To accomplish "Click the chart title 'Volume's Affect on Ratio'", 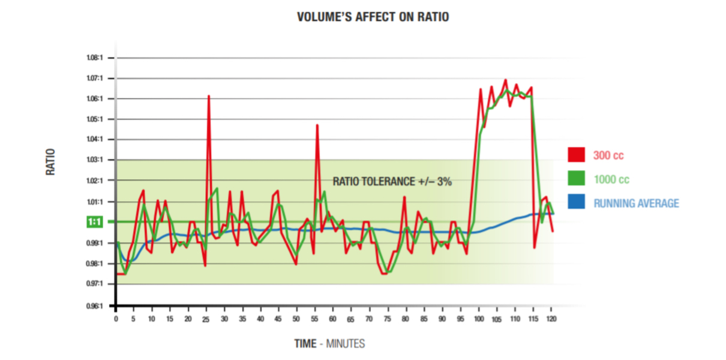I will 373,17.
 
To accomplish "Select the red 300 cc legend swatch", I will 576,155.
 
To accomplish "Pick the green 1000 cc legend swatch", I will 576,179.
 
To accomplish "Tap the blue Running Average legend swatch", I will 576,203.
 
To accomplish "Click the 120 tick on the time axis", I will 551,319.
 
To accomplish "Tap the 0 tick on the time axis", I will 116,319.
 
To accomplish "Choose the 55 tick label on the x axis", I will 315,319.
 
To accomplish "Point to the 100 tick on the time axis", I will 479,319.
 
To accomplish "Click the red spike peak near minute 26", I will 209,96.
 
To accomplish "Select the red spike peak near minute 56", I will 317,125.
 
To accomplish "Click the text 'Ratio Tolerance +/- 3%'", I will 392,181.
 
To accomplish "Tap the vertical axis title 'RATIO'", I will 52,162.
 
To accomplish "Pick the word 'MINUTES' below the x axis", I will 345,344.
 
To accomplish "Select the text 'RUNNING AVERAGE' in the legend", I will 636,203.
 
